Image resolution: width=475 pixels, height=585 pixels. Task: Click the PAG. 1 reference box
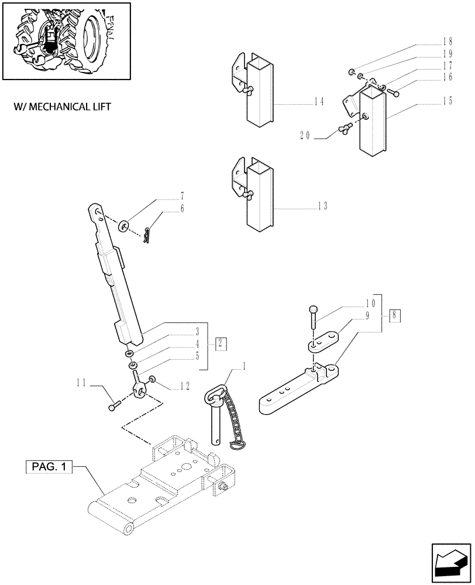click(x=49, y=467)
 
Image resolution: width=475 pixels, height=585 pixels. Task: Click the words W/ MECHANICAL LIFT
click(x=61, y=107)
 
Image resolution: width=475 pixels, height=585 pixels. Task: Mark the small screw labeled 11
click(x=114, y=403)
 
